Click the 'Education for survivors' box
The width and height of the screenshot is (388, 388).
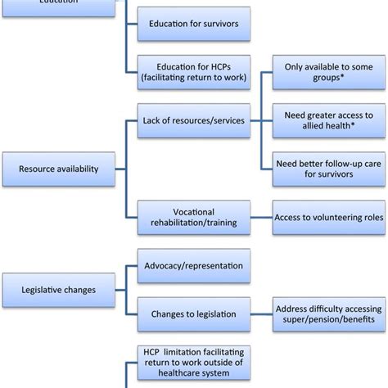point(193,23)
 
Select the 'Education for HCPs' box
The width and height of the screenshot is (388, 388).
point(193,70)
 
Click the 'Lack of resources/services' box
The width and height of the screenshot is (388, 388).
point(193,120)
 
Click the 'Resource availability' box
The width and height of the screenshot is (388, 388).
point(58,169)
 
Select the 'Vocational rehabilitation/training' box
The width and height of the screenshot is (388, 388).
point(193,218)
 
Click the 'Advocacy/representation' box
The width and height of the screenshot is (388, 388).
point(193,267)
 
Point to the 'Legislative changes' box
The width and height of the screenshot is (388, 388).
point(58,290)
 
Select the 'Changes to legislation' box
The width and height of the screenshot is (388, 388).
point(193,314)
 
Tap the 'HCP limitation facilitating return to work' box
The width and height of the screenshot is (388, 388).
point(193,362)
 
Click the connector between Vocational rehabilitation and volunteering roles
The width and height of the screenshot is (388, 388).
point(261,218)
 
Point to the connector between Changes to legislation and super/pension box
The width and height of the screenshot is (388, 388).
point(261,314)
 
